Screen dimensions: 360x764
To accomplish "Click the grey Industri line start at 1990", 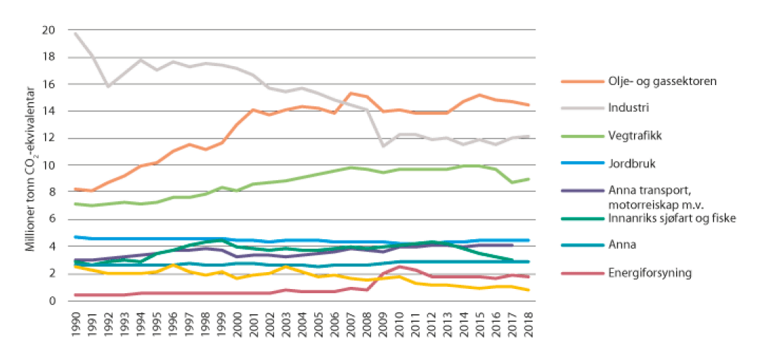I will (75, 33).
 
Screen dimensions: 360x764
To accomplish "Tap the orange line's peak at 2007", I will (351, 93).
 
